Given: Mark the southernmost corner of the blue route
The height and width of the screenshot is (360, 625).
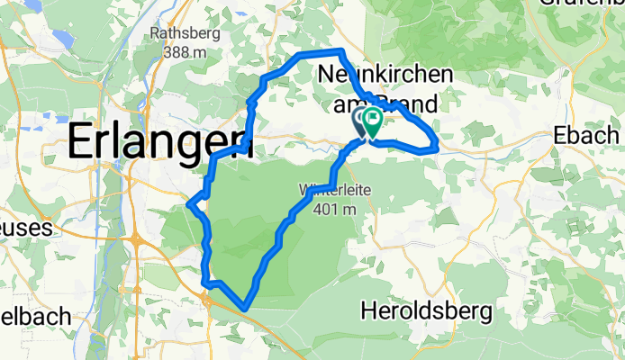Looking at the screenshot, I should [245, 309].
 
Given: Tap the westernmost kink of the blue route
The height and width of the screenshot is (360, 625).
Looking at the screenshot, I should [188, 204].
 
